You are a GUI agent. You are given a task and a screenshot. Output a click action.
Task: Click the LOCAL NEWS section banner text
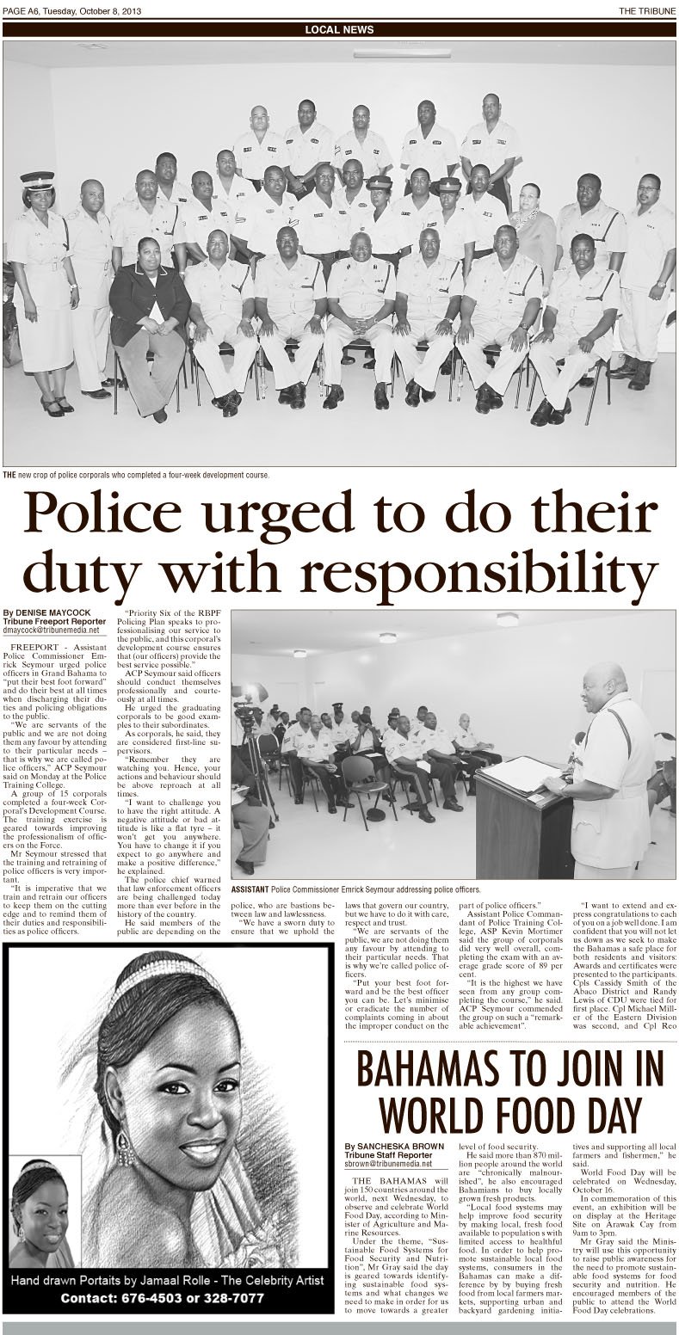(339, 29)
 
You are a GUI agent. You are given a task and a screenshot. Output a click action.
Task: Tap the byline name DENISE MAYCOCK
(56, 612)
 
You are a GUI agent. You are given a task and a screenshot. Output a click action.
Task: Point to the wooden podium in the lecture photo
(524, 809)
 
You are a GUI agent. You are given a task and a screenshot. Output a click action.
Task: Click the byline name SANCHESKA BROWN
(397, 1146)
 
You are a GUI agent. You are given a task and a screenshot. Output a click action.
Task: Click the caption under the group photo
(138, 475)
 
